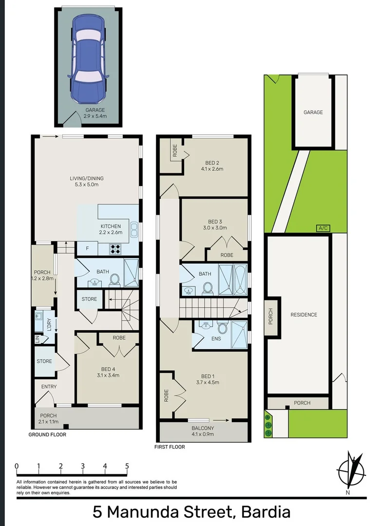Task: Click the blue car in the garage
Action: (x=88, y=58)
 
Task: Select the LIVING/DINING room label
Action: (x=86, y=182)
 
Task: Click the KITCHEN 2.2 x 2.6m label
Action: (x=111, y=229)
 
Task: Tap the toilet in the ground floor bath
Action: (x=114, y=280)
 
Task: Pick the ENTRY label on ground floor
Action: (x=49, y=387)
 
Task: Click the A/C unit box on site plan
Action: (x=322, y=228)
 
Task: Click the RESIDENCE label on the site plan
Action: (x=303, y=315)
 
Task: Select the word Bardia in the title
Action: (x=266, y=512)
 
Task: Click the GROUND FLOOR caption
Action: (x=47, y=434)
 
